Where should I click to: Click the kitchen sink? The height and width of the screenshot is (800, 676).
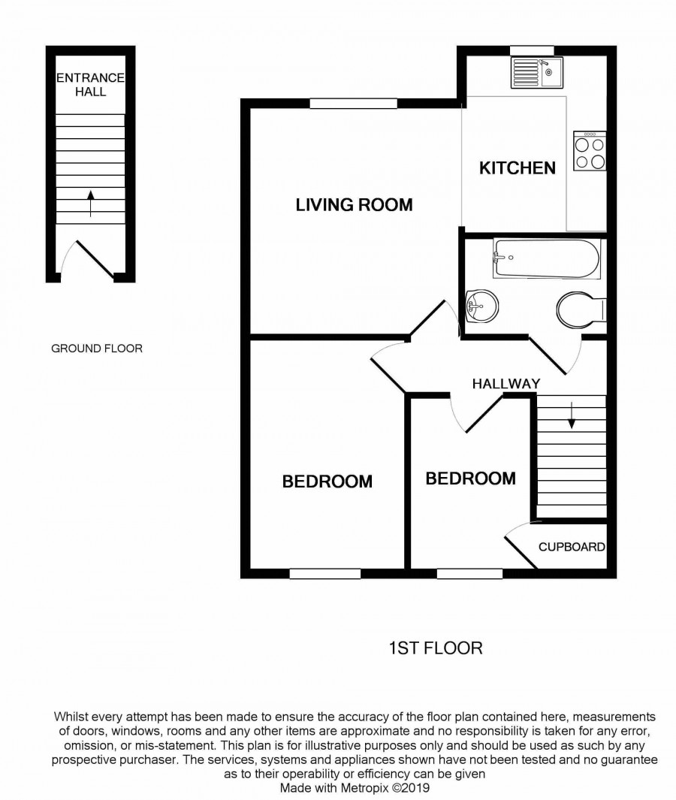pyautogui.click(x=537, y=73)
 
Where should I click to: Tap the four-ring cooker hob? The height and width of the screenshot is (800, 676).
pyautogui.click(x=590, y=151)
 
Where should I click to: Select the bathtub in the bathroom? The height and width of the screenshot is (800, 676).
pyautogui.click(x=546, y=258)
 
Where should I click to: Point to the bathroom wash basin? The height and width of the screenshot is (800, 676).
pyautogui.click(x=482, y=306)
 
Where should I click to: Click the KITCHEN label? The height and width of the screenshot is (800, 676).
pyautogui.click(x=518, y=168)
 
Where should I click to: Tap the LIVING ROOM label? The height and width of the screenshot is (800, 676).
pyautogui.click(x=354, y=204)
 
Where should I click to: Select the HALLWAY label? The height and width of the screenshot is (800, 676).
pyautogui.click(x=506, y=384)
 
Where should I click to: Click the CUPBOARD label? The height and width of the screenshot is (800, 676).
pyautogui.click(x=572, y=547)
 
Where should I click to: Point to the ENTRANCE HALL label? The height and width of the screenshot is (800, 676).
pyautogui.click(x=90, y=85)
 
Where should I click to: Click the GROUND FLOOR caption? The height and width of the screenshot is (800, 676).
pyautogui.click(x=97, y=349)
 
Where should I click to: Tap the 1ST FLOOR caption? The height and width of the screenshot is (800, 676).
pyautogui.click(x=436, y=648)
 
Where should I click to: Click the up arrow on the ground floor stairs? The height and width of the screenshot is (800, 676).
pyautogui.click(x=91, y=204)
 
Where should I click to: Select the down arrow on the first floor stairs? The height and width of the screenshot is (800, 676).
pyautogui.click(x=572, y=415)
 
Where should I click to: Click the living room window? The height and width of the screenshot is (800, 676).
pyautogui.click(x=354, y=104)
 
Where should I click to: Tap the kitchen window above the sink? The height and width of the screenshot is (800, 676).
pyautogui.click(x=532, y=50)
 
